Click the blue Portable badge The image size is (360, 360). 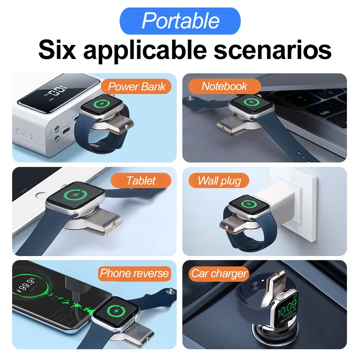180,21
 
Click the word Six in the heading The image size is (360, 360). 58,50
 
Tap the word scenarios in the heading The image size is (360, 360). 272,50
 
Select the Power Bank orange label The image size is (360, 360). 137,86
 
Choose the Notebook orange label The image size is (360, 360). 224,86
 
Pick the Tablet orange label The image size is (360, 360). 141,181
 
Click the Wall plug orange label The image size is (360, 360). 220,181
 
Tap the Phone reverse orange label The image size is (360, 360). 134,273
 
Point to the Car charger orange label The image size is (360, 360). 219,273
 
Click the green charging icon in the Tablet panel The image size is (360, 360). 75,198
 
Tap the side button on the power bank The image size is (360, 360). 23,134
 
